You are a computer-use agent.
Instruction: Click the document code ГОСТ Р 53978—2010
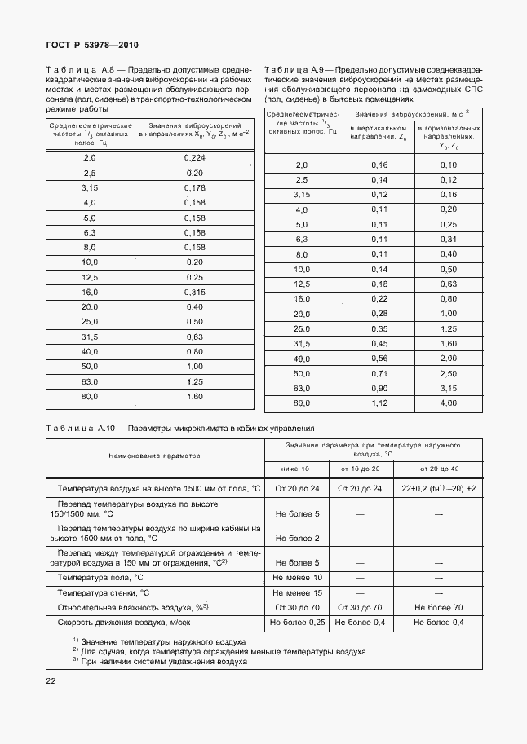pyautogui.click(x=92, y=46)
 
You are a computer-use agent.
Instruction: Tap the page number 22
pyautogui.click(x=51, y=680)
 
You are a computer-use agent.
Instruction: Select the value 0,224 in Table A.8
pyautogui.click(x=194, y=157)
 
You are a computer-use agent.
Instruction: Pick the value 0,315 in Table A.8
pyautogui.click(x=194, y=292)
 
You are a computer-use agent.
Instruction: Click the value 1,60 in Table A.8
pyautogui.click(x=194, y=396)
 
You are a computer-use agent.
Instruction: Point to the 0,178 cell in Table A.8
pyautogui.click(x=194, y=187)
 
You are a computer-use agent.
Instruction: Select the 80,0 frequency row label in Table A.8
pyautogui.click(x=90, y=396)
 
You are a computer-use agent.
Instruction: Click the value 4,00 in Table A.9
pyautogui.click(x=449, y=403)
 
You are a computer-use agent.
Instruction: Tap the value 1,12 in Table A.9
pyautogui.click(x=379, y=403)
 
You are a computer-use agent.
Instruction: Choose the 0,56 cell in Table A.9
pyautogui.click(x=379, y=359)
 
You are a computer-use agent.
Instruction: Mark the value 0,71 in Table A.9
pyautogui.click(x=379, y=373)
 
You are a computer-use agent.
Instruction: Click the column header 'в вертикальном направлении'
pyautogui.click(x=379, y=134)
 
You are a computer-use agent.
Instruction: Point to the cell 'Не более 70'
pyautogui.click(x=438, y=608)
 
